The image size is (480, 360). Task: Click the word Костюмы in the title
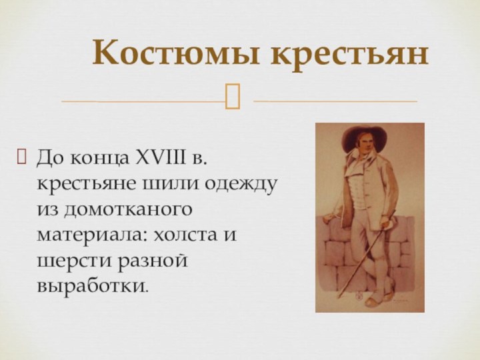coord(176,53)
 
